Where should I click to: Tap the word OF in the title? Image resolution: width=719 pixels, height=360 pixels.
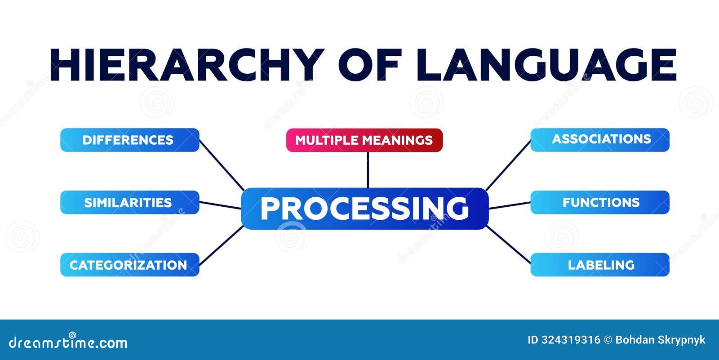coord(369,65)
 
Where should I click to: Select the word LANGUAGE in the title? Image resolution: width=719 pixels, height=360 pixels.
coord(546,65)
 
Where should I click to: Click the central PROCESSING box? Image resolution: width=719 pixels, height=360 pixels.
coord(364,209)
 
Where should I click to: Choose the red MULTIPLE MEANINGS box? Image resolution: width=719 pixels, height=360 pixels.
coord(364,140)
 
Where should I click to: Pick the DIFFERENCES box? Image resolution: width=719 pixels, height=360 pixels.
coord(129,140)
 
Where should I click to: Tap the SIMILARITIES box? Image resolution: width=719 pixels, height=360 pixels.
coord(129,202)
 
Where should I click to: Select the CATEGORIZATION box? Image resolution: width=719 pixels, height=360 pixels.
coord(129,265)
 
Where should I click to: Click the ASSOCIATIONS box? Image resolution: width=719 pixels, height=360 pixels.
coord(600,140)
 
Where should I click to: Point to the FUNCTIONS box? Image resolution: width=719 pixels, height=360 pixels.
coord(600,202)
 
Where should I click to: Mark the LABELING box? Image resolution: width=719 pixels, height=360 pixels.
coord(600,265)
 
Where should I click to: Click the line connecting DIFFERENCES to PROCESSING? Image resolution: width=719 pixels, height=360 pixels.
coord(222,165)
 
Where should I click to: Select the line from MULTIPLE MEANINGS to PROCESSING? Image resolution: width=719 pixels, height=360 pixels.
coord(368,170)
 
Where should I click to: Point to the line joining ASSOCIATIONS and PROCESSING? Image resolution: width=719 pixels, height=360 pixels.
coord(508,165)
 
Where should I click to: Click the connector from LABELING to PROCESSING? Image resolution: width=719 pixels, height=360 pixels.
coord(509,244)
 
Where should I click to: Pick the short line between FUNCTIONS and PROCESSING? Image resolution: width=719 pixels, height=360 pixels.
coord(510,205)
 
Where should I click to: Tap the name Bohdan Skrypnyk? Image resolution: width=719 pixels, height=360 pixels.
coord(660,340)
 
